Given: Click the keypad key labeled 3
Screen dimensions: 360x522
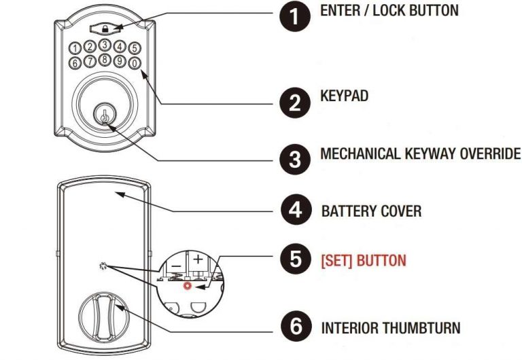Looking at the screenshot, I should pos(104,45).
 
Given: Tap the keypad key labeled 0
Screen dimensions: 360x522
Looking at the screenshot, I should pos(135,62).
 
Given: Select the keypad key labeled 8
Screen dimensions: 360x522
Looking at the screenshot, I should pos(104,59).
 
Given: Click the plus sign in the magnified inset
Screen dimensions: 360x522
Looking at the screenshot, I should pos(198,259).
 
